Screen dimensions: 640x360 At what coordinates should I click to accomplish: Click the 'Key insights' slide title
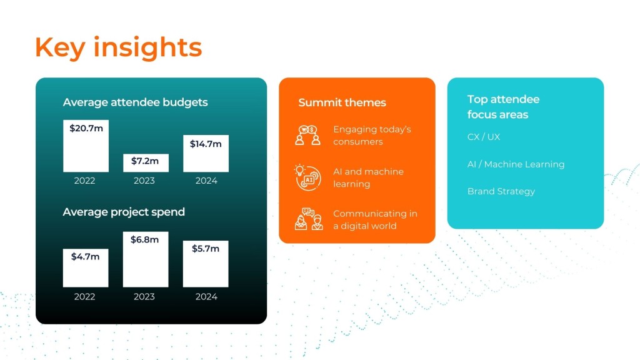[118, 47]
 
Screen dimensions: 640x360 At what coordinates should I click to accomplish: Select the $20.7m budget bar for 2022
[86, 146]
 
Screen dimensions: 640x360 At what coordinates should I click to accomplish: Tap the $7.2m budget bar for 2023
[146, 163]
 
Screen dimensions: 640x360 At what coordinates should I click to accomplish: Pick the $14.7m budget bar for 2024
[206, 154]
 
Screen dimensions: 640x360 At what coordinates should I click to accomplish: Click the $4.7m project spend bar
[86, 267]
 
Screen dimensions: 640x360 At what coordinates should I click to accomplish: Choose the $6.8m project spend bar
[146, 259]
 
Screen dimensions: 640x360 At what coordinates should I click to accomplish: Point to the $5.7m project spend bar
[206, 264]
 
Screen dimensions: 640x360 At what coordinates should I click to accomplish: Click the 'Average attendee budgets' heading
[135, 102]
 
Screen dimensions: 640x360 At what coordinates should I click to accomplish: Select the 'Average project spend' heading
[124, 212]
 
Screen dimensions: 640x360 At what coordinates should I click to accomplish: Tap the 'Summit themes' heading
[342, 102]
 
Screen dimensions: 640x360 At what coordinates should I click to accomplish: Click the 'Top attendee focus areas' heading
[503, 107]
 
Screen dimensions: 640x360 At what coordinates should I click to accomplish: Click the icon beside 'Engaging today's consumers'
[307, 136]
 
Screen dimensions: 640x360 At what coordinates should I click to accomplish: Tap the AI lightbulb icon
[307, 177]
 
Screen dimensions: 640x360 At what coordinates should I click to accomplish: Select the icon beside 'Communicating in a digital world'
[309, 219]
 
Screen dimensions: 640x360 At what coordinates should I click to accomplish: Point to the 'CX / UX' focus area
[484, 137]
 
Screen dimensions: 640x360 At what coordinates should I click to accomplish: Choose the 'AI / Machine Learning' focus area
[516, 164]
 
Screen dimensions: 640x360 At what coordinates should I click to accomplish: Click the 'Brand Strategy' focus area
[501, 191]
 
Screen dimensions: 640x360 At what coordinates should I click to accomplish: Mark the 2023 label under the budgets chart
[144, 181]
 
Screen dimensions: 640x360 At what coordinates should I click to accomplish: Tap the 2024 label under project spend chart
[206, 297]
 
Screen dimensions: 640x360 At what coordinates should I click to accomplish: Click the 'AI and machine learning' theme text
[368, 178]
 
